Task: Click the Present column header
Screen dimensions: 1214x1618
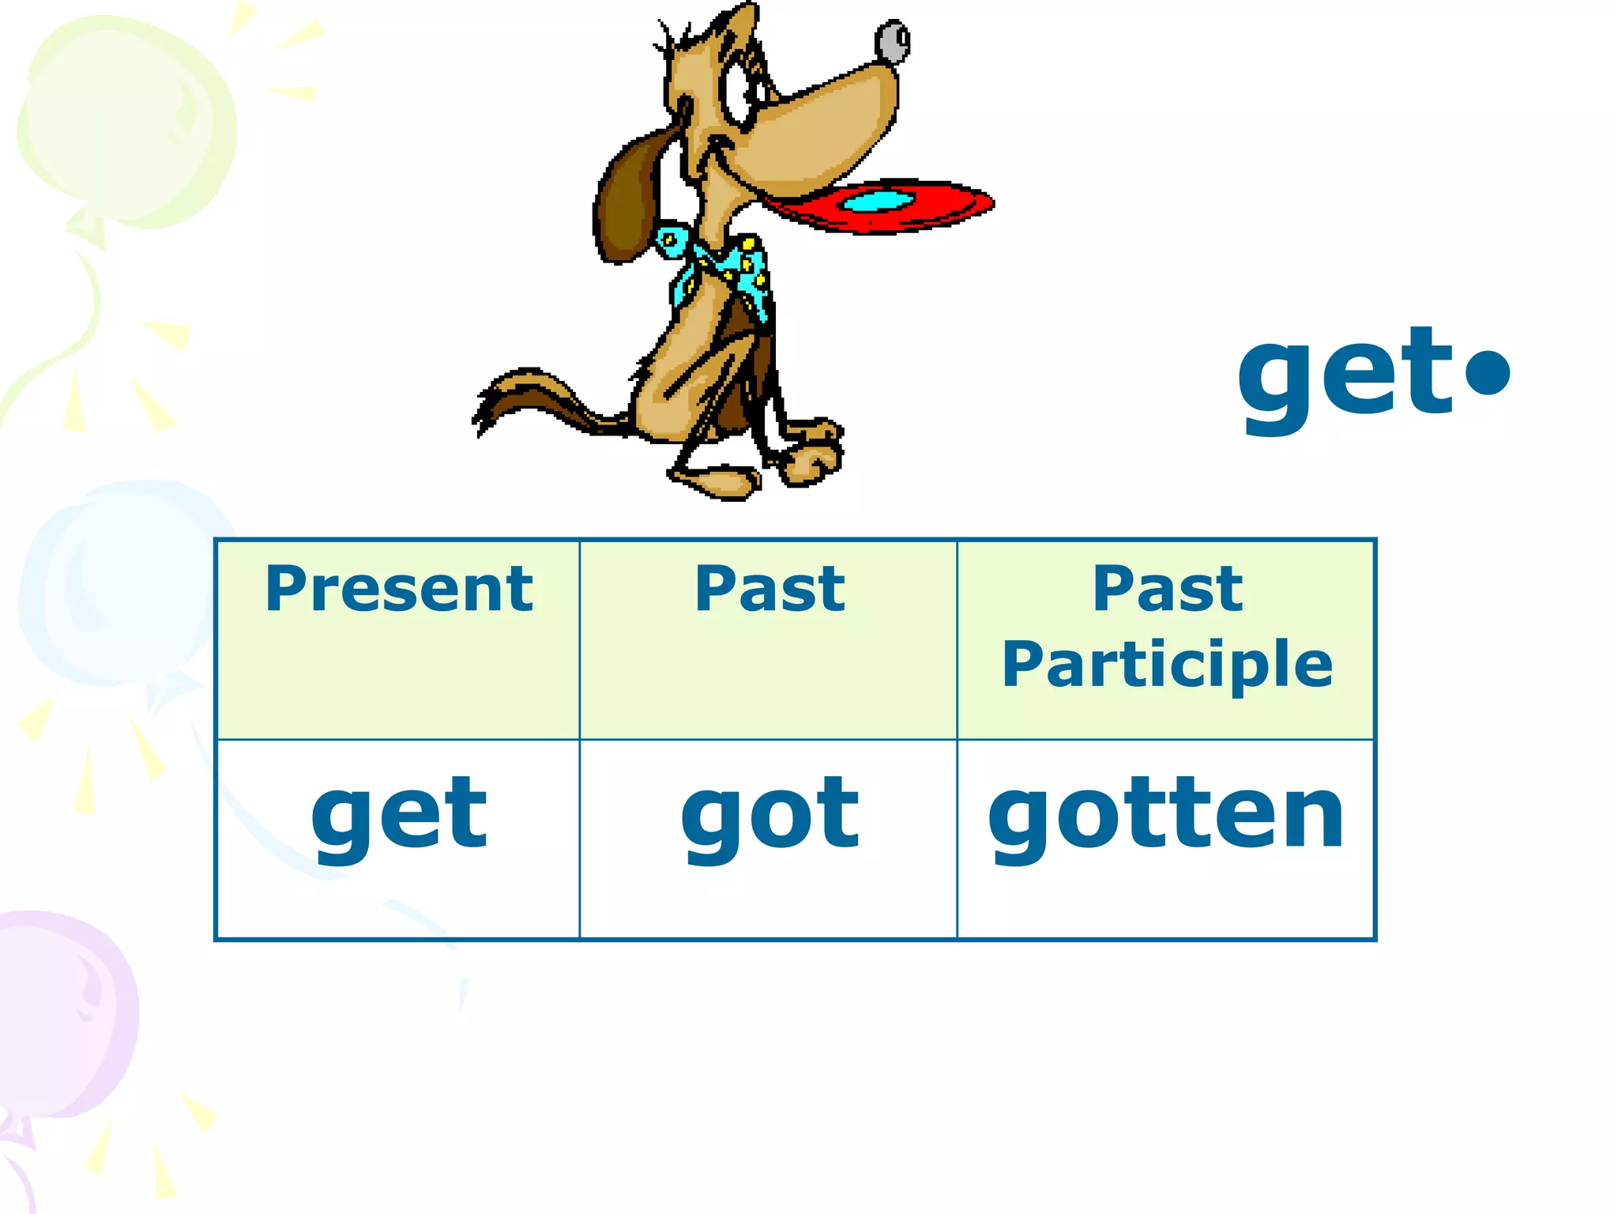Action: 399,590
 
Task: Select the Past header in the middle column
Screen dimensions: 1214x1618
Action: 769,590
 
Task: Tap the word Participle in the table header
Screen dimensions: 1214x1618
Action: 1167,665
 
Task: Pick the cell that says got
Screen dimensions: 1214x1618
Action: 769,814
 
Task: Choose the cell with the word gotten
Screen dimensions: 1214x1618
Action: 1166,814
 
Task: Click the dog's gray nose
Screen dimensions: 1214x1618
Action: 894,42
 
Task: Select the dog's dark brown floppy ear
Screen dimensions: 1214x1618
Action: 628,202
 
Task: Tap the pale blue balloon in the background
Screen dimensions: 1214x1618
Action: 119,585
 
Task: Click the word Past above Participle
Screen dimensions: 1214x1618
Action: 1167,590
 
